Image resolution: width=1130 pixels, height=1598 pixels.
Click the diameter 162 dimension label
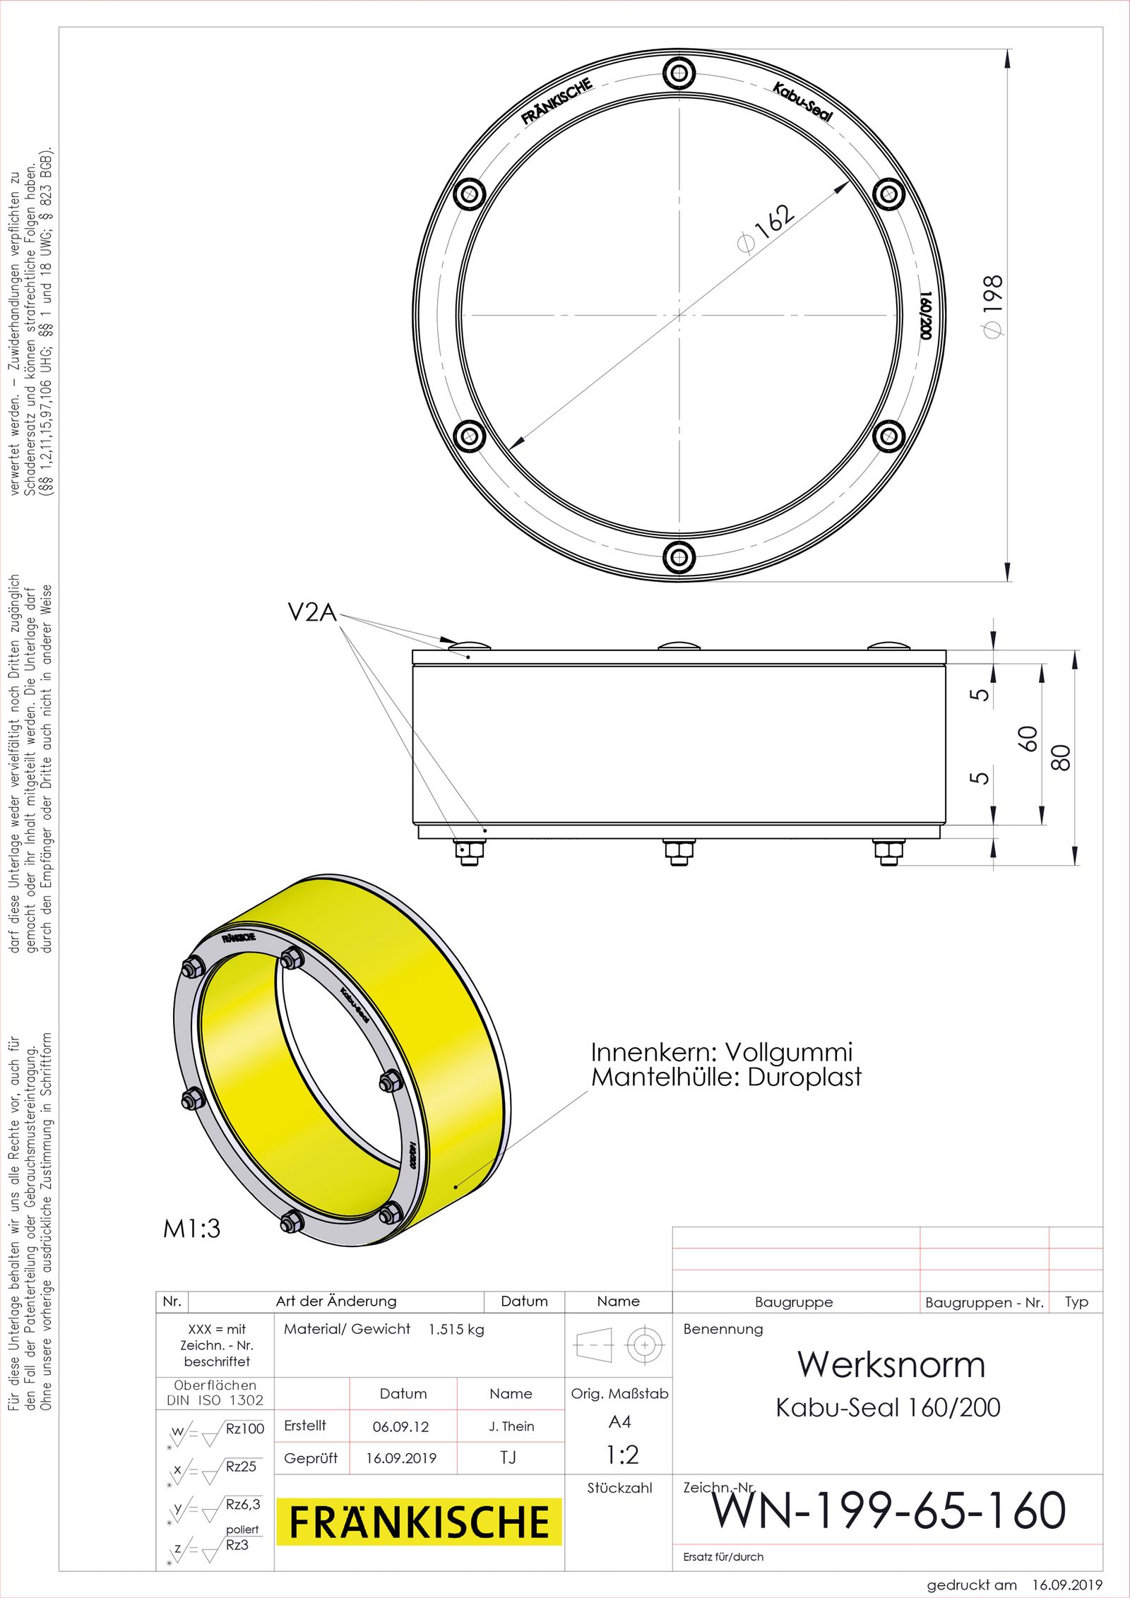pyautogui.click(x=767, y=227)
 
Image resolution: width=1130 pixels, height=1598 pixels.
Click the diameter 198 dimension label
pyautogui.click(x=993, y=305)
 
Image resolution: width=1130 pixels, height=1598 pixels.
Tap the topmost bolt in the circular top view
pyautogui.click(x=679, y=73)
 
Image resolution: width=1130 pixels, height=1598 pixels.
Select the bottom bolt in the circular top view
pyautogui.click(x=679, y=557)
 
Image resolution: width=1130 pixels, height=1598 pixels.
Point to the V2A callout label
pyautogui.click(x=312, y=612)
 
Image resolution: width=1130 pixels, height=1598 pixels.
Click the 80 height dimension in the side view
pyautogui.click(x=1061, y=757)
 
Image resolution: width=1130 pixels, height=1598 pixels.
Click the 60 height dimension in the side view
pyautogui.click(x=1028, y=739)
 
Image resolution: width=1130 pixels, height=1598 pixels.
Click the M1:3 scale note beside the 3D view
pyautogui.click(x=191, y=1229)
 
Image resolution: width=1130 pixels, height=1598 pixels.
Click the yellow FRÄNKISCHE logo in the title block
pyautogui.click(x=419, y=1522)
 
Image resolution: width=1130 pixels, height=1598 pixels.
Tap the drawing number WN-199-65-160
pyautogui.click(x=888, y=1510)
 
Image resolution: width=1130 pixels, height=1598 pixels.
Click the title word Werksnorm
pyautogui.click(x=891, y=1364)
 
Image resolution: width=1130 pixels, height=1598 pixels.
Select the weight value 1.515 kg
pyautogui.click(x=456, y=1329)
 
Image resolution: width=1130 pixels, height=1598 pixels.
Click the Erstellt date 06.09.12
pyautogui.click(x=401, y=1426)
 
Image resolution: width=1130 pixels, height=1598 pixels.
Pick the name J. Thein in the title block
pyautogui.click(x=511, y=1426)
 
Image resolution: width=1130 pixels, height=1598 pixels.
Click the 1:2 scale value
pyautogui.click(x=621, y=1455)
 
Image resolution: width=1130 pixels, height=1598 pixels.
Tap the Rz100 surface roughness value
pyautogui.click(x=244, y=1429)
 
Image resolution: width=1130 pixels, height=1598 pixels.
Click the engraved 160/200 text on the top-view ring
pyautogui.click(x=926, y=316)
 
